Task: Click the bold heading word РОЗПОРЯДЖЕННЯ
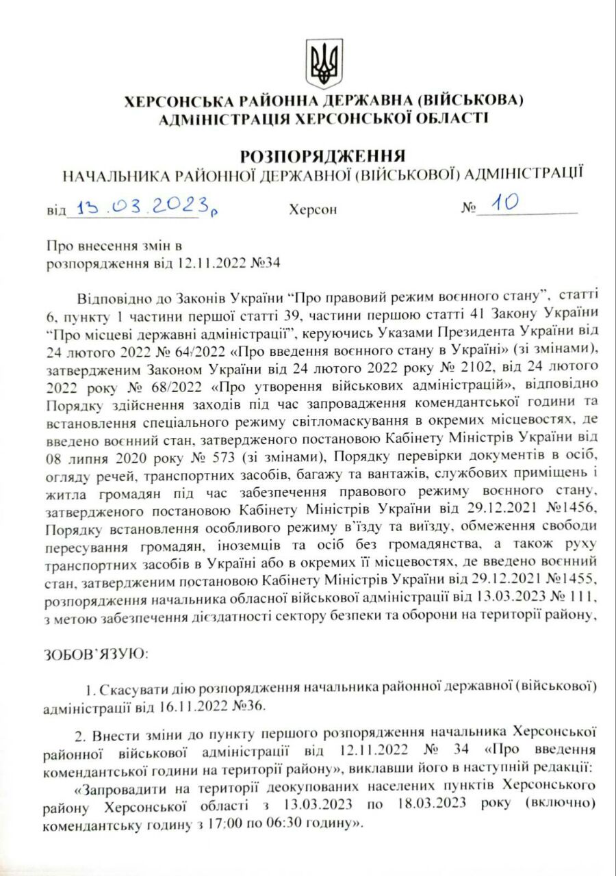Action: tap(323, 155)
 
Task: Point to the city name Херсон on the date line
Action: tap(313, 209)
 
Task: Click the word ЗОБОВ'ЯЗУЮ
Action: tap(94, 654)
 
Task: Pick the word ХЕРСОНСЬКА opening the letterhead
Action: tap(181, 102)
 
